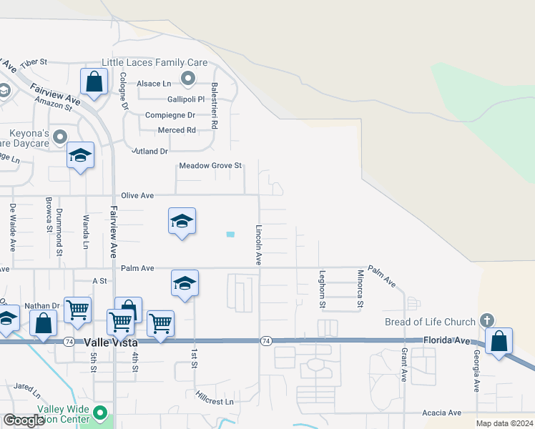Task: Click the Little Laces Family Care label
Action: pyautogui.click(x=154, y=63)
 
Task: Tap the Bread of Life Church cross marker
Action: pyautogui.click(x=487, y=320)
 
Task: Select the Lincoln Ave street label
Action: pyautogui.click(x=258, y=245)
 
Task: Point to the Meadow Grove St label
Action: pyautogui.click(x=211, y=166)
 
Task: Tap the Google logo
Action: pyautogui.click(x=24, y=420)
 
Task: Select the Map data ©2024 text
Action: pyautogui.click(x=504, y=423)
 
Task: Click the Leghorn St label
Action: pyautogui.click(x=323, y=289)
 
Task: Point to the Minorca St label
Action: pyautogui.click(x=360, y=289)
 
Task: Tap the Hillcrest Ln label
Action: pyautogui.click(x=215, y=402)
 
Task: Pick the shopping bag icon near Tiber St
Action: pyautogui.click(x=94, y=82)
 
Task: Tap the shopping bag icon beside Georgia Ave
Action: pyautogui.click(x=499, y=341)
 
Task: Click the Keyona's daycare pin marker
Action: pyautogui.click(x=61, y=136)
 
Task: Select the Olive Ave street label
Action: pyautogui.click(x=138, y=195)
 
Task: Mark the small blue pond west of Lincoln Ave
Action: pyautogui.click(x=230, y=235)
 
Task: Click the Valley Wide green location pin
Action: pyautogui.click(x=101, y=413)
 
